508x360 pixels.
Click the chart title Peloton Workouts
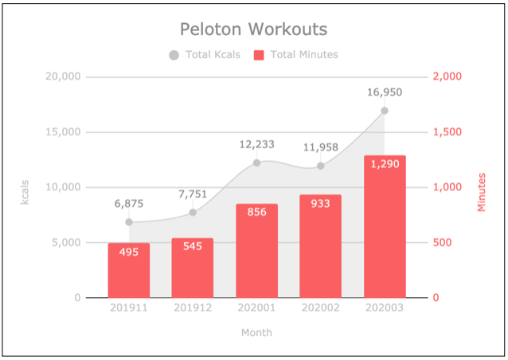[x=253, y=29]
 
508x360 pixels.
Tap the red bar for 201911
[x=129, y=271]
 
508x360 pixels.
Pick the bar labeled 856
[x=256, y=251]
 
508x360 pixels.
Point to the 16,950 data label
[x=385, y=92]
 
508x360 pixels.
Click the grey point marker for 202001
[x=256, y=162]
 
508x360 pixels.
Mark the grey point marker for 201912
[x=193, y=213]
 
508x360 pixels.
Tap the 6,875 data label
[x=129, y=204]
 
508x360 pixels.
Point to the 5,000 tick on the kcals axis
[x=64, y=243]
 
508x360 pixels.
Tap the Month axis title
[x=256, y=332]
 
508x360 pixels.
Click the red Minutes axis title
[x=482, y=192]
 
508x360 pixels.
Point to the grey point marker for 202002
[x=320, y=166]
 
